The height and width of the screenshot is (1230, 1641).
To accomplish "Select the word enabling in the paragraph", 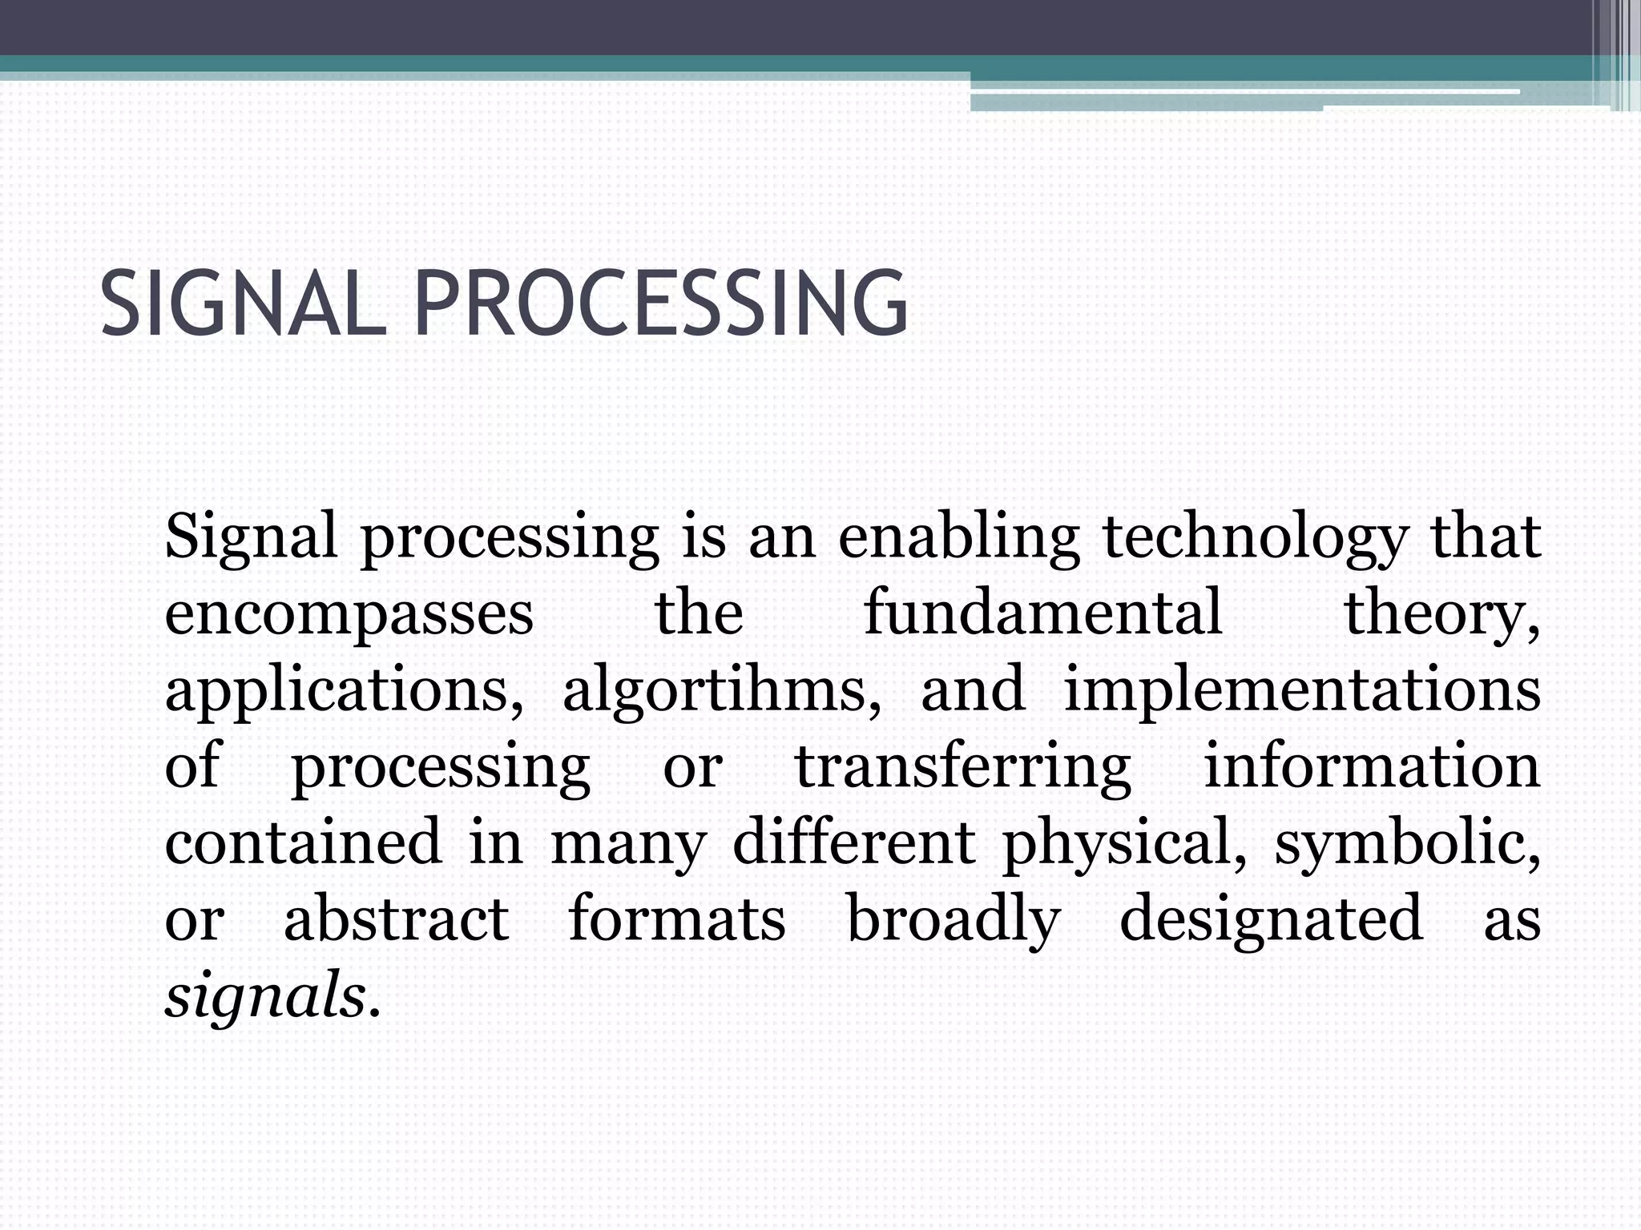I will tap(958, 538).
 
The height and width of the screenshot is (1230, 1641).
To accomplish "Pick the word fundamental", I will tap(1042, 613).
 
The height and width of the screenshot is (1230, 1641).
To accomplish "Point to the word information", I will tap(1372, 767).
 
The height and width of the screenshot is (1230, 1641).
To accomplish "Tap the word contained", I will tap(303, 842).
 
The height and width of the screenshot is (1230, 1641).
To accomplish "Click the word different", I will tap(853, 842).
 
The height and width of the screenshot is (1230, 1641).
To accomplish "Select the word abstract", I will tap(396, 919).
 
